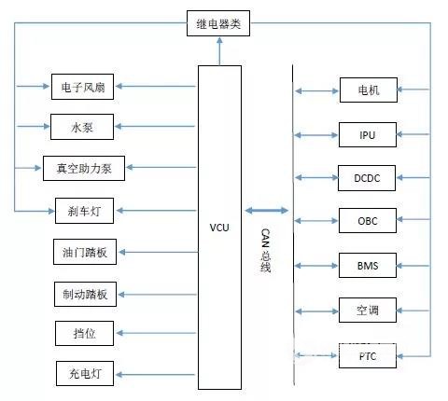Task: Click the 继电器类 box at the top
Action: click(218, 23)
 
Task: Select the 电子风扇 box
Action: click(82, 87)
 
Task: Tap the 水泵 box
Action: click(82, 127)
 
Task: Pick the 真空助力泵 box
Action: click(84, 168)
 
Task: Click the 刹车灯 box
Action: click(84, 211)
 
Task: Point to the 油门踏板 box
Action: click(85, 252)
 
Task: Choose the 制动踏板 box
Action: click(85, 294)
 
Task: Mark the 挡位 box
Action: click(84, 333)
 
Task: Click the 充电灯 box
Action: click(85, 373)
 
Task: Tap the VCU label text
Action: click(219, 228)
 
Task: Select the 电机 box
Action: click(369, 90)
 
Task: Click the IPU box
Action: click(368, 134)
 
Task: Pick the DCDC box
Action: click(367, 178)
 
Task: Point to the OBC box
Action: click(368, 220)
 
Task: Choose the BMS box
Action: click(368, 265)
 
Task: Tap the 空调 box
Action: click(368, 310)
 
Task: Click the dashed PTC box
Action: click(368, 355)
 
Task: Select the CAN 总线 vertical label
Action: click(265, 251)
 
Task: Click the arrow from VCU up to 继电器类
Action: click(219, 51)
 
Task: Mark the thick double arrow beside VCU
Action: click(267, 211)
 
